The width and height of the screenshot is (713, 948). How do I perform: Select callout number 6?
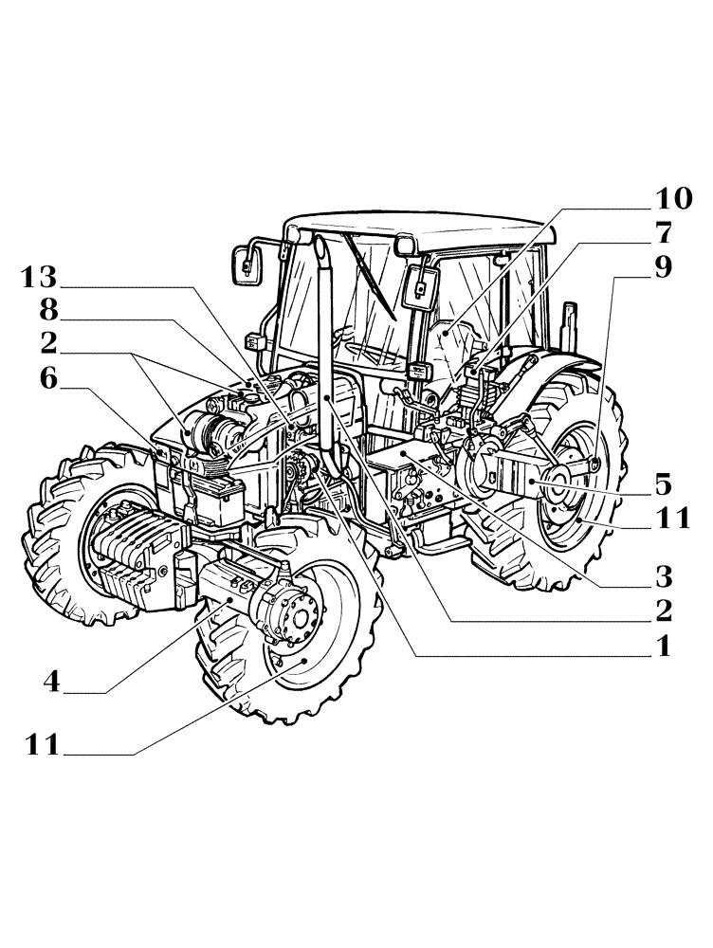[49, 379]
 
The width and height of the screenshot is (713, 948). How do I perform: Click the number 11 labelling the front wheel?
[43, 745]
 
